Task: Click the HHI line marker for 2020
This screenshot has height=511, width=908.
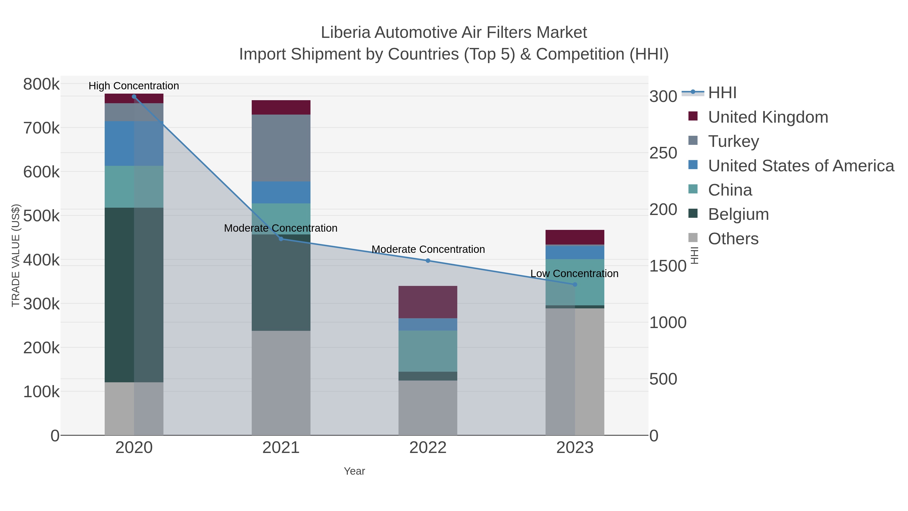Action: click(134, 97)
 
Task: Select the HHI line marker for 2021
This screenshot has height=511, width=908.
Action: click(281, 239)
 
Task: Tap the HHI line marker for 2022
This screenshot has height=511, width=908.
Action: click(428, 261)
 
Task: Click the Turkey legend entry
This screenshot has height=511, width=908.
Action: click(733, 141)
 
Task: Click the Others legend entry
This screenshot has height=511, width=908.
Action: click(733, 239)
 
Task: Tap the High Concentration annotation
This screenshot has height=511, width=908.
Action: click(134, 86)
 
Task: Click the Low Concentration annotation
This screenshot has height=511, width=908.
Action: click(574, 273)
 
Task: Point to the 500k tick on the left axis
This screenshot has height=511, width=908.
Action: click(41, 216)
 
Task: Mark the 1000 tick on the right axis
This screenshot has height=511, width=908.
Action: click(668, 323)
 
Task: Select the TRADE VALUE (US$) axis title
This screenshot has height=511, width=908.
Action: click(16, 255)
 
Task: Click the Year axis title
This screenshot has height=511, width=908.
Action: click(354, 471)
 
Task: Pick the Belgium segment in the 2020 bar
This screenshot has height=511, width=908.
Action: click(134, 294)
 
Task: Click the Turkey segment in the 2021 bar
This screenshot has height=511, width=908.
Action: click(281, 148)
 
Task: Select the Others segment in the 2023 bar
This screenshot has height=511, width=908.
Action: click(575, 372)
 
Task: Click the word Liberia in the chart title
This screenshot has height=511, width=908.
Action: click(346, 33)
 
